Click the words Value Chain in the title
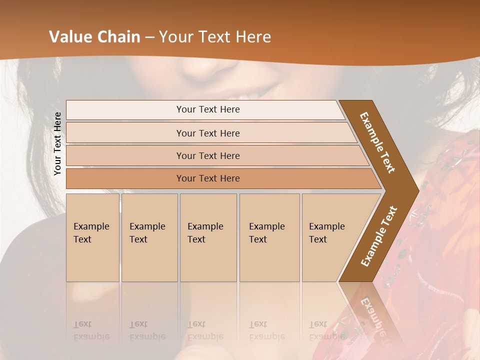pyautogui.click(x=94, y=37)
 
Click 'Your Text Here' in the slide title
pyautogui.click(x=215, y=37)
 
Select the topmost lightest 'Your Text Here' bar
pyautogui.click(x=207, y=109)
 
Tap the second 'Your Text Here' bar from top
pyautogui.click(x=207, y=133)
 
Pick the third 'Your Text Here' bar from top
pyautogui.click(x=207, y=155)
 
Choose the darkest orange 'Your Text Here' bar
pyautogui.click(x=207, y=178)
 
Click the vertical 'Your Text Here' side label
pyautogui.click(x=57, y=143)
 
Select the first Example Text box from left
pyautogui.click(x=92, y=237)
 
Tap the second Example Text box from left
pyautogui.click(x=149, y=237)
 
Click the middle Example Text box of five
pyautogui.click(x=207, y=237)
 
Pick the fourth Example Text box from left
pyautogui.click(x=269, y=237)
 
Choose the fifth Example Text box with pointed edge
pyautogui.click(x=330, y=237)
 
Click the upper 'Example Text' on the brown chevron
pyautogui.click(x=377, y=142)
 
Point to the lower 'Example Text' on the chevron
pyautogui.click(x=379, y=236)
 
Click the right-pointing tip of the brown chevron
pyautogui.click(x=415, y=189)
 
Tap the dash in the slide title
pyautogui.click(x=149, y=37)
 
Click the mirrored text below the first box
pyautogui.click(x=91, y=331)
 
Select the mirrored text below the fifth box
pyautogui.click(x=326, y=331)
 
